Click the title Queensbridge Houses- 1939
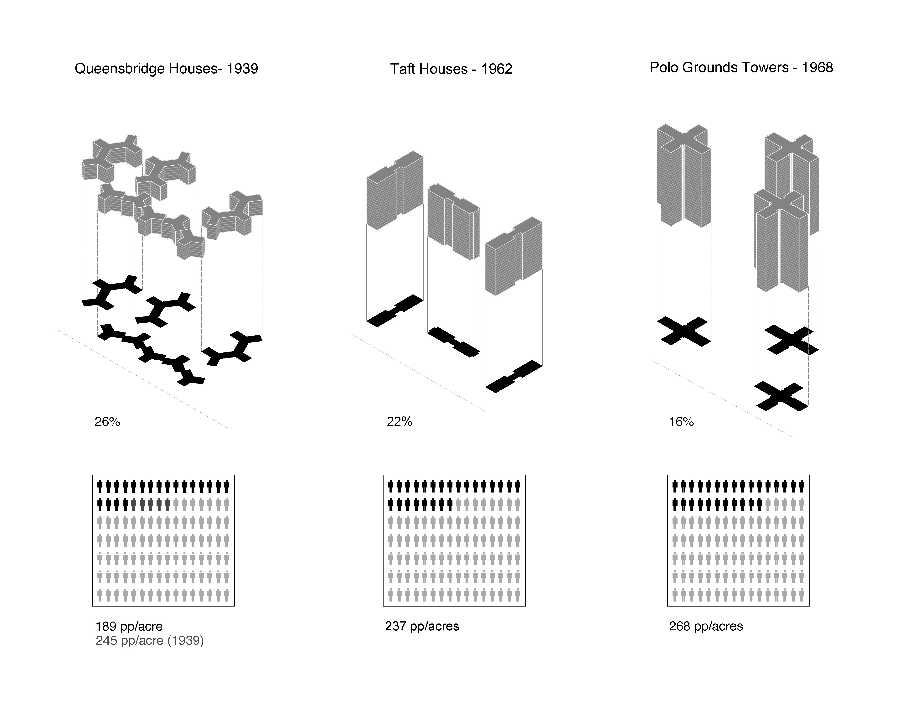tap(166, 69)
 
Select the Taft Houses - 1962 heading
tap(451, 69)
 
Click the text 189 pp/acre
tap(129, 626)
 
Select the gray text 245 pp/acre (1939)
tap(150, 641)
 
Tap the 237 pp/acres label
tap(422, 626)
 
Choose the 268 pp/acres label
tap(706, 626)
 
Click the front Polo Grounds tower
tap(781, 241)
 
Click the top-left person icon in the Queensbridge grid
tap(100, 487)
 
